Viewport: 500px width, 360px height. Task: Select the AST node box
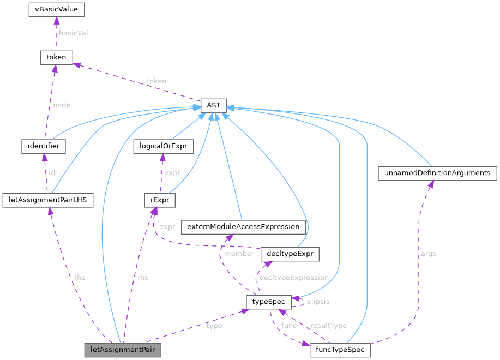tap(217, 105)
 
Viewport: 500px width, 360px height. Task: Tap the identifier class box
tap(43, 146)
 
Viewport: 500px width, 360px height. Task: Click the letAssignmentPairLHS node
tap(47, 200)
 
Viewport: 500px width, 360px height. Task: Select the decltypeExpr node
tap(290, 254)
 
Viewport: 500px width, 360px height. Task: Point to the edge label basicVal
tap(74, 33)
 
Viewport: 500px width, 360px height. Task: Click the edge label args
tap(428, 254)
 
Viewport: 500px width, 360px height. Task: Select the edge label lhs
tap(80, 278)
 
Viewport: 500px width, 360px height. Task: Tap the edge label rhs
tap(142, 278)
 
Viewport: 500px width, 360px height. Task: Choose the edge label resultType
tap(328, 326)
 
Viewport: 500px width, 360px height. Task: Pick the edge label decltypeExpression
tap(294, 278)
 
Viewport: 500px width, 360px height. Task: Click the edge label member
tap(238, 254)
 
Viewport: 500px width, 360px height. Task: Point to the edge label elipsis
tap(317, 301)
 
